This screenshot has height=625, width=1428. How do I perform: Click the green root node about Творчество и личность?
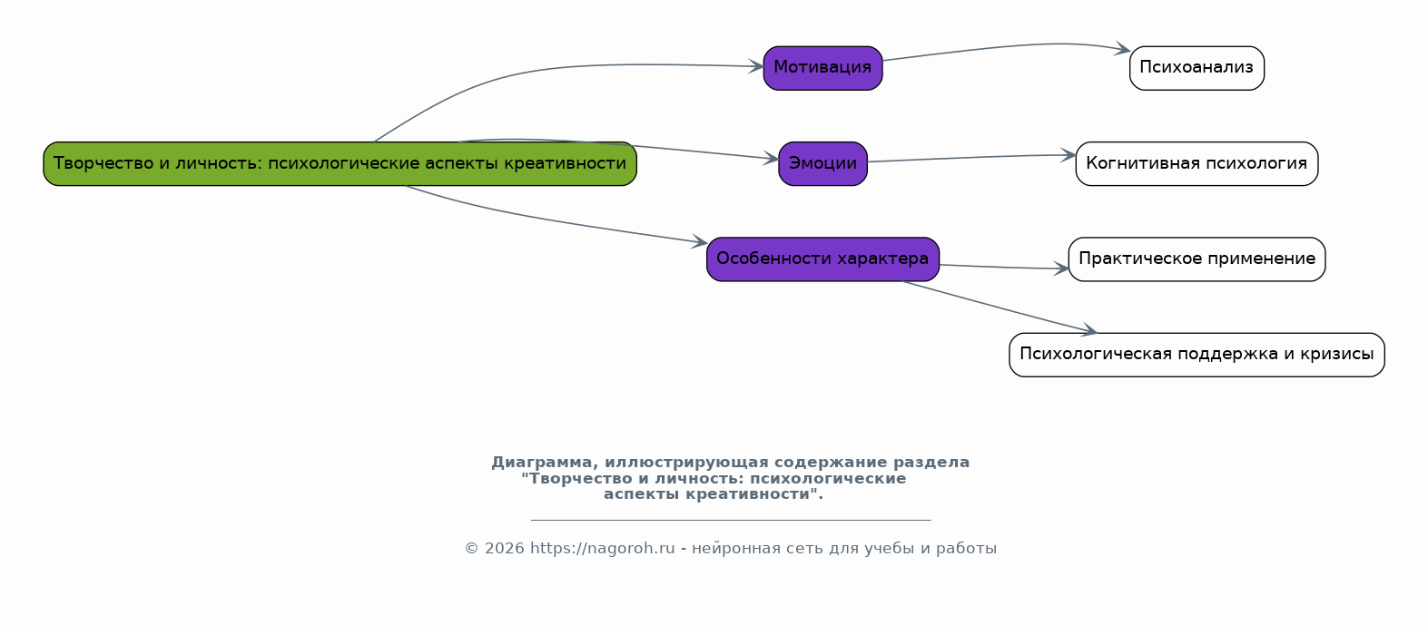pyautogui.click(x=340, y=164)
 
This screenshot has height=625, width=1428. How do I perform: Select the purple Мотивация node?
pyautogui.click(x=822, y=68)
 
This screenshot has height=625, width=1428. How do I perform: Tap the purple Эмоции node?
pyautogui.click(x=822, y=164)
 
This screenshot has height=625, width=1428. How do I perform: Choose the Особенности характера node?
pyautogui.click(x=822, y=259)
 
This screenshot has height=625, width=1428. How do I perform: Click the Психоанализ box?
pyautogui.click(x=1197, y=68)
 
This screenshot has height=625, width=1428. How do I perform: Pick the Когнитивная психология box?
pyautogui.click(x=1197, y=164)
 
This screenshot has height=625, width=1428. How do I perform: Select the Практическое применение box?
pyautogui.click(x=1197, y=259)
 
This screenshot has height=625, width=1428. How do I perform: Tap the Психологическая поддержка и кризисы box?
pyautogui.click(x=1197, y=355)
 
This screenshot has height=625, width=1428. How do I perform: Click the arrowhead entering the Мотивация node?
pyautogui.click(x=755, y=66)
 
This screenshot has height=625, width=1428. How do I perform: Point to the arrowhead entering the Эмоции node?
pyautogui.click(x=772, y=159)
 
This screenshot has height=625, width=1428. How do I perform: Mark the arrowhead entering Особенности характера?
pyautogui.click(x=700, y=242)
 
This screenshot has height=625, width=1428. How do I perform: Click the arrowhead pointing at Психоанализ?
pyautogui.click(x=1123, y=50)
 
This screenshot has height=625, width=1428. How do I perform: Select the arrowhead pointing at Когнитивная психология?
pyautogui.click(x=1069, y=155)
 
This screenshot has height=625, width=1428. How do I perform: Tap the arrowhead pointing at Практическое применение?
pyautogui.click(x=1061, y=269)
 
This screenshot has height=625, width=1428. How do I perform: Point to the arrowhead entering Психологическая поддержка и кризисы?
pyautogui.click(x=1089, y=331)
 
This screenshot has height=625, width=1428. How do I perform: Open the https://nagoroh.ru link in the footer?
pyautogui.click(x=602, y=549)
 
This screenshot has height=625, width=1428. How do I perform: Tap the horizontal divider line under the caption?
pyautogui.click(x=730, y=520)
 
